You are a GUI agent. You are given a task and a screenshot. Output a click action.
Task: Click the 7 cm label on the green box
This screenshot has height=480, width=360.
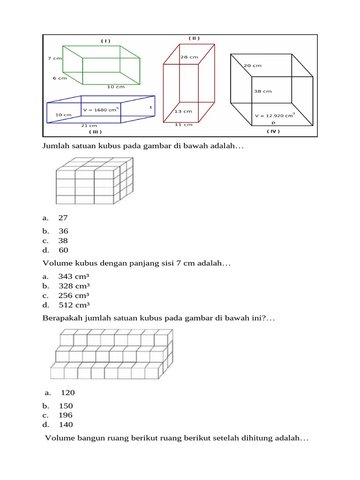pyautogui.click(x=54, y=59)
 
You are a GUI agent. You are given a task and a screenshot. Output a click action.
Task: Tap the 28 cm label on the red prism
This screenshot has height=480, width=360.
pyautogui.click(x=189, y=57)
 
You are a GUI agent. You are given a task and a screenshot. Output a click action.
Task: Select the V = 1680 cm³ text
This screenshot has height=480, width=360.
pyautogui.click(x=101, y=110)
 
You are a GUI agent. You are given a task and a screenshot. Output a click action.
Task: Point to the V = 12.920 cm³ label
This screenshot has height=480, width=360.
pyautogui.click(x=275, y=115)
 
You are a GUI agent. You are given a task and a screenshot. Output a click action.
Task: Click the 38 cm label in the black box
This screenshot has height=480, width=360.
pyautogui.click(x=262, y=91)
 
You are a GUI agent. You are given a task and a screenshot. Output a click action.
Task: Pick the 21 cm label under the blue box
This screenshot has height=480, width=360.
pyautogui.click(x=89, y=126)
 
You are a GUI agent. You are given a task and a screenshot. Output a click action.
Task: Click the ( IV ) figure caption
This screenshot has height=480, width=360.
pyautogui.click(x=273, y=131)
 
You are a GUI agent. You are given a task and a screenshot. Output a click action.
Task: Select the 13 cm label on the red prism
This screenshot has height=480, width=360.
pyautogui.click(x=183, y=112)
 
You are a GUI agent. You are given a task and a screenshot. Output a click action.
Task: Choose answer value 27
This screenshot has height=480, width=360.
pyautogui.click(x=63, y=218)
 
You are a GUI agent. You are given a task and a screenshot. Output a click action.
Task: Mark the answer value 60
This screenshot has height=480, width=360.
pyautogui.click(x=63, y=250)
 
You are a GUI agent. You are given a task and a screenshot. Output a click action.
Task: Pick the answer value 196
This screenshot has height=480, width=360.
pyautogui.click(x=66, y=415)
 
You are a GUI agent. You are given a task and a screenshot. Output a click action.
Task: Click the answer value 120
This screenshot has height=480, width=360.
pyautogui.click(x=68, y=393)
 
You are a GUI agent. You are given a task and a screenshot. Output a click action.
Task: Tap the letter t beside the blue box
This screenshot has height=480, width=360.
pyautogui.click(x=151, y=107)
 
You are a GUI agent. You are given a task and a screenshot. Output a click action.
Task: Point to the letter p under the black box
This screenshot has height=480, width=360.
pyautogui.click(x=273, y=122)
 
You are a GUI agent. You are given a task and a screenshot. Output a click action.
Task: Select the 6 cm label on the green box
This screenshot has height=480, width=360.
pyautogui.click(x=60, y=78)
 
